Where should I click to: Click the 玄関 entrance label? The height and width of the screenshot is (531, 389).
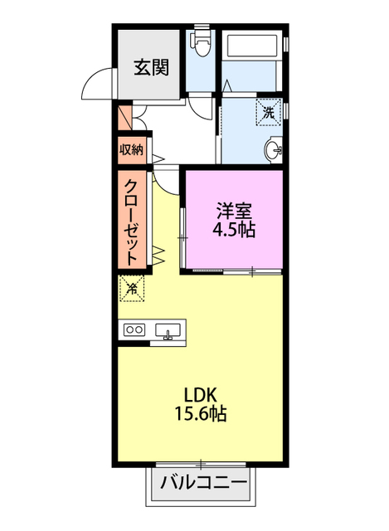(149, 67)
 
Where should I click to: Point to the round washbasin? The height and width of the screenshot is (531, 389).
(273, 151)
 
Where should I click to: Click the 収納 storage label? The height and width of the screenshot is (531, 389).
(131, 150)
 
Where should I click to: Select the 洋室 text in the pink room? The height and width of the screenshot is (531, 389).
(233, 211)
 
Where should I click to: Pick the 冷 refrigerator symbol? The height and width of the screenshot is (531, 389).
(131, 289)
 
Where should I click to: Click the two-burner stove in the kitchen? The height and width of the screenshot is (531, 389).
(134, 329)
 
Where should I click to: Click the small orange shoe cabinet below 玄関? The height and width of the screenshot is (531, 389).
(124, 115)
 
